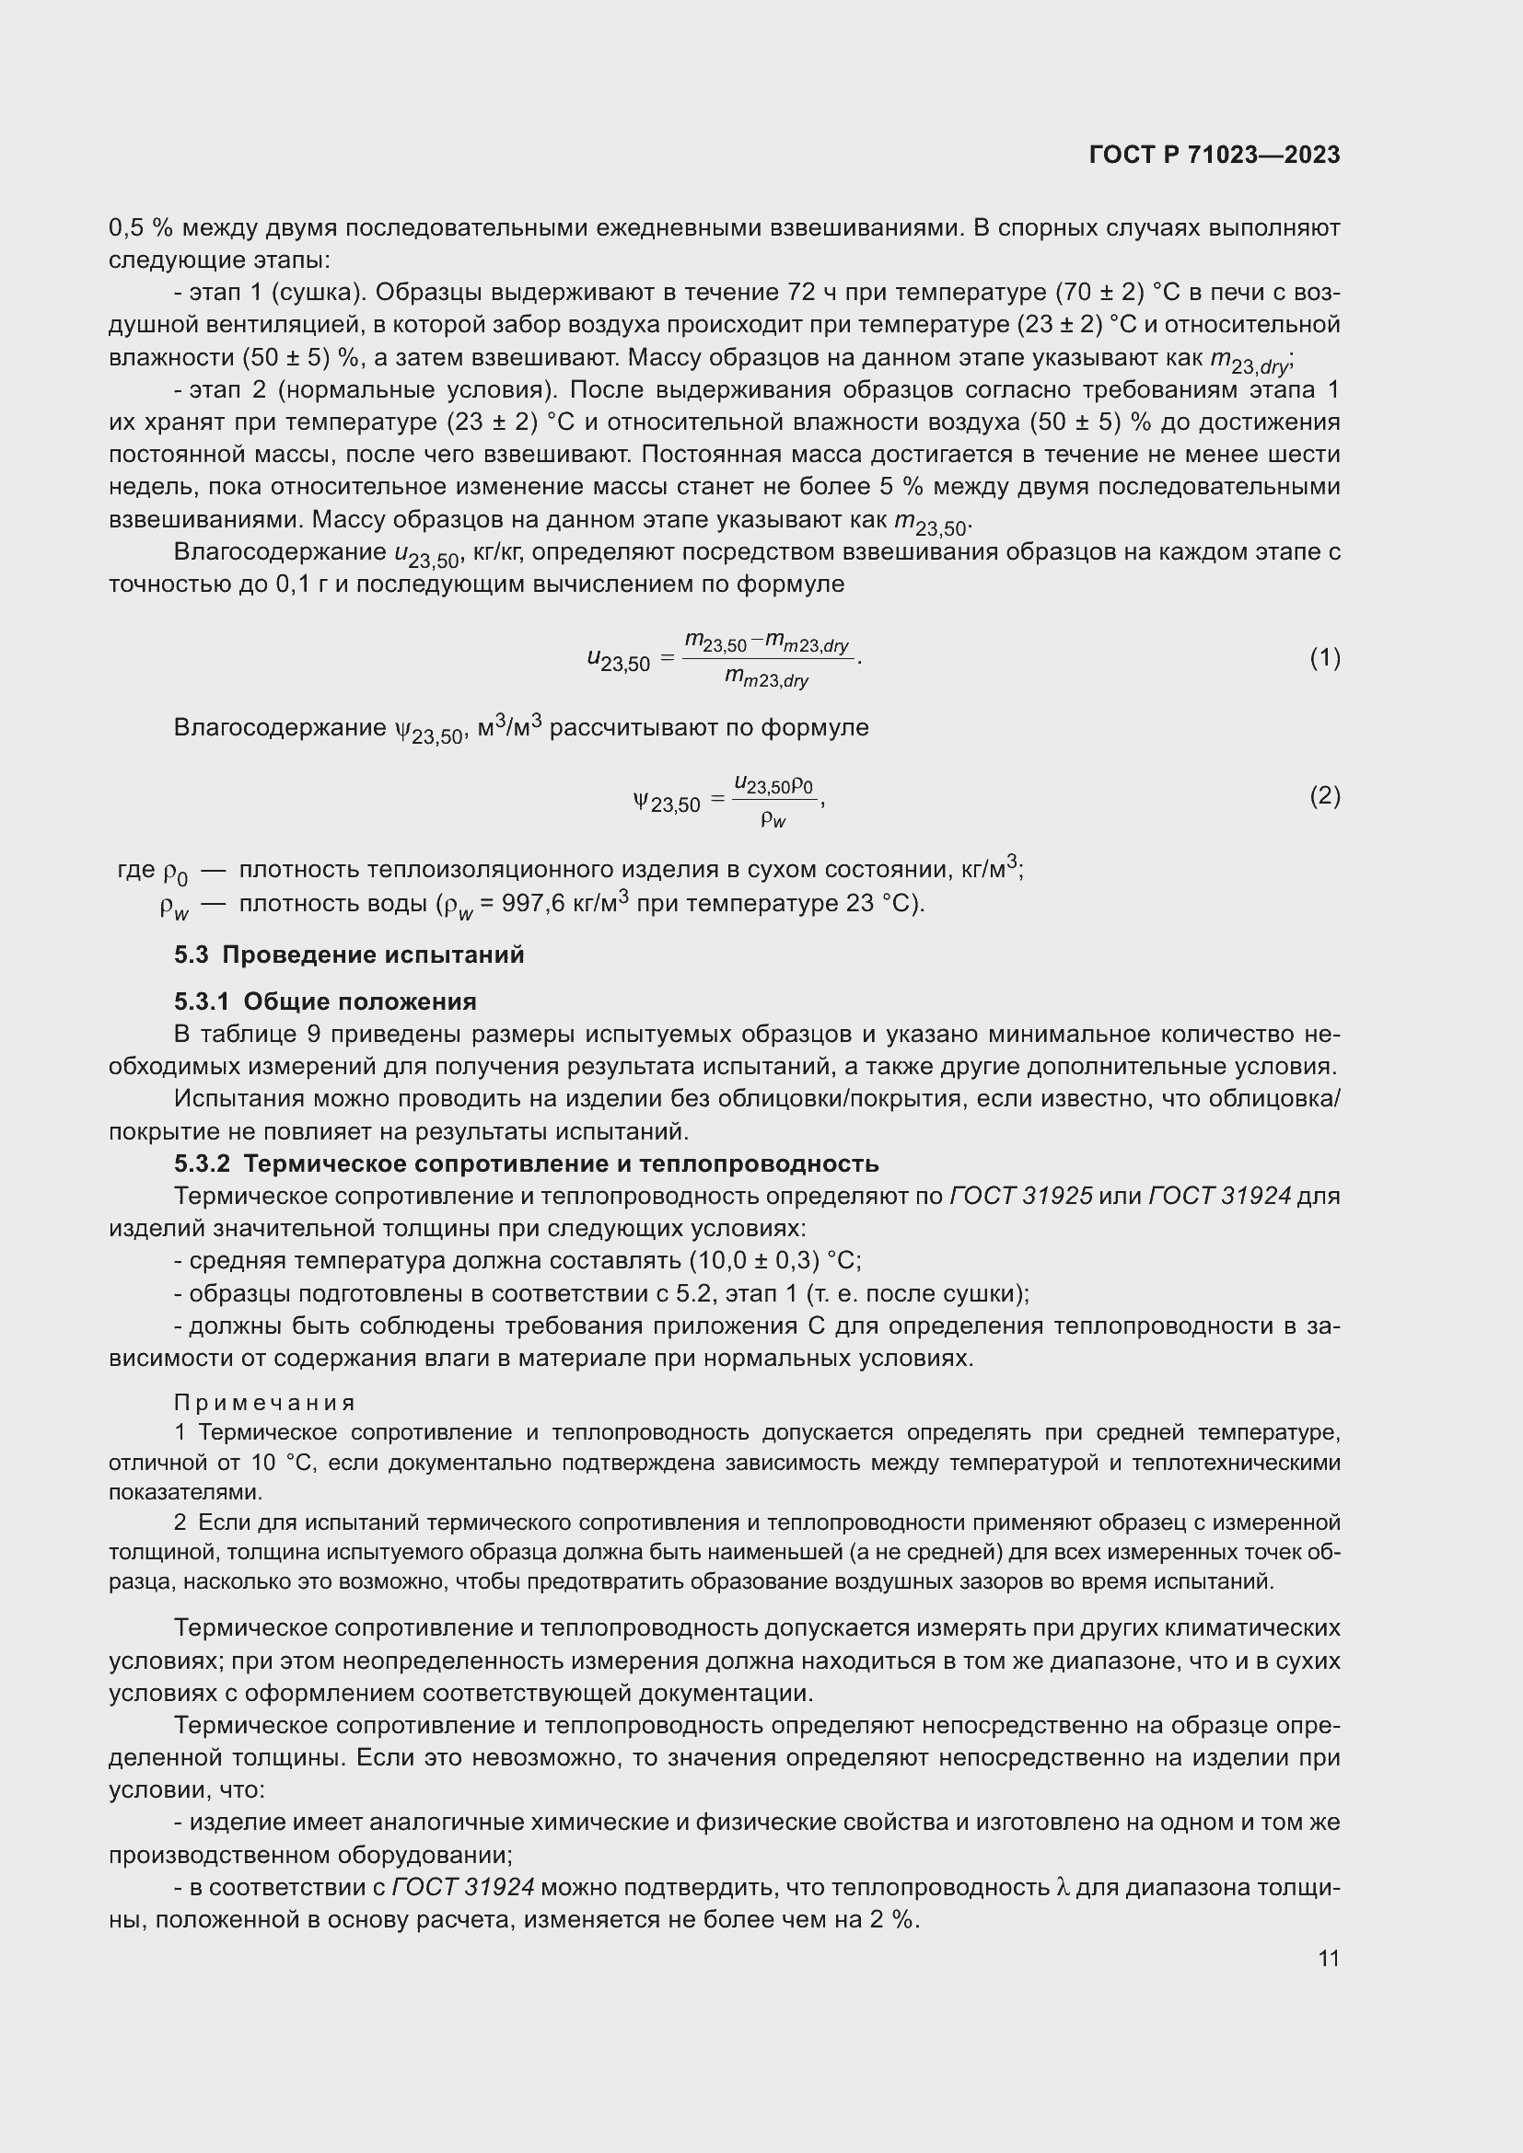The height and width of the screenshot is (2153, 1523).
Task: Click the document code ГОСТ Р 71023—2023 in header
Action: click(x=1215, y=155)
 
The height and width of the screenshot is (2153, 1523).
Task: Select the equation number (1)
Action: click(x=1324, y=658)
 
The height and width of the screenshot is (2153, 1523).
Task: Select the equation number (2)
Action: click(x=1324, y=796)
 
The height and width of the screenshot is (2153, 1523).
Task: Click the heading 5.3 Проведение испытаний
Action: click(x=349, y=955)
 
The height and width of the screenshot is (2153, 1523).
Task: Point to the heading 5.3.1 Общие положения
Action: click(x=324, y=1001)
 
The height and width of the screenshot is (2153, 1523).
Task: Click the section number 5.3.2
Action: click(x=202, y=1163)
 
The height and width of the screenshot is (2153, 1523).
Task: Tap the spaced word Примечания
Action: click(x=264, y=1403)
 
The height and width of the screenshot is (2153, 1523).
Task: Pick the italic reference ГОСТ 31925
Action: click(x=1020, y=1196)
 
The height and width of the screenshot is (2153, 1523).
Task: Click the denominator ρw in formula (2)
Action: click(x=773, y=819)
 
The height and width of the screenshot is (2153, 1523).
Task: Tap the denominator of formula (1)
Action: click(x=766, y=679)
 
